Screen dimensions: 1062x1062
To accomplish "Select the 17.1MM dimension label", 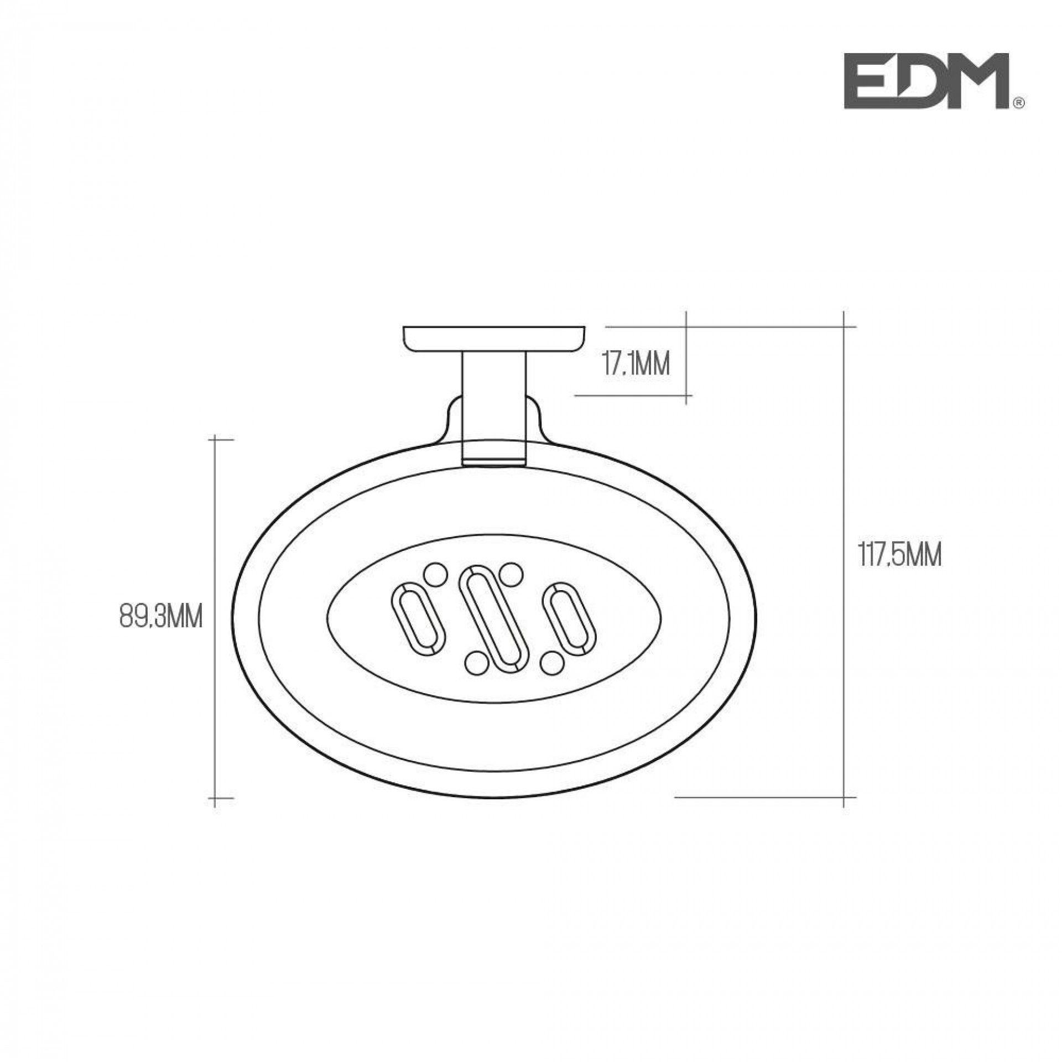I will pyautogui.click(x=635, y=365).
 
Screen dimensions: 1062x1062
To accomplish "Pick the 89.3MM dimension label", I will pyautogui.click(x=160, y=616).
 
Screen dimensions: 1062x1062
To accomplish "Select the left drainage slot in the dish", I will pyautogui.click(x=418, y=616).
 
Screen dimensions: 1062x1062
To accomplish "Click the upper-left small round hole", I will pyautogui.click(x=434, y=574).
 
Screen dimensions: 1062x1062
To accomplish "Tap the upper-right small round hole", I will pyautogui.click(x=511, y=574).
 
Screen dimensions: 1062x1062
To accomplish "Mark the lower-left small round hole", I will pyautogui.click(x=475, y=664).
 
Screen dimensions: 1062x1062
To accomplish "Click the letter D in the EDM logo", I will pyautogui.click(x=918, y=89).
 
